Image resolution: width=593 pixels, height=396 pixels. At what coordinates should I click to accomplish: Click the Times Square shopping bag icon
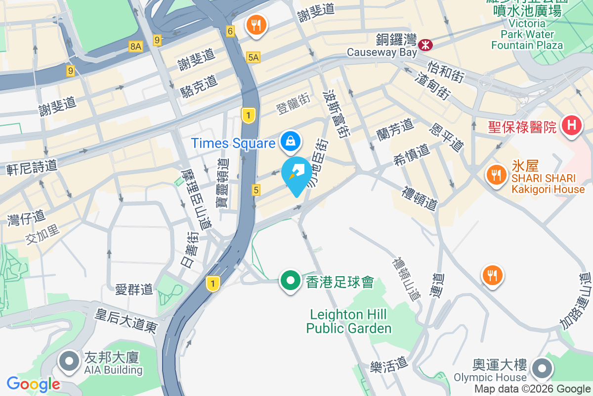coord(292,142)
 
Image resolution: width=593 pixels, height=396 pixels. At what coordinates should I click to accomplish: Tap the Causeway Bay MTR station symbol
coord(425,45)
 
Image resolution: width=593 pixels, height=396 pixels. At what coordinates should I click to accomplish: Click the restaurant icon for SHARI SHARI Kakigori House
coord(495,175)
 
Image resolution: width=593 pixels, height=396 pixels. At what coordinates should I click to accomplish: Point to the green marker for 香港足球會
coord(291,281)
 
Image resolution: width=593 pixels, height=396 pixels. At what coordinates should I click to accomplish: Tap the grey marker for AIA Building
coord(69,361)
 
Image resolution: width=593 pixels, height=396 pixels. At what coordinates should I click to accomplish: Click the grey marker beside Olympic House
coord(542,369)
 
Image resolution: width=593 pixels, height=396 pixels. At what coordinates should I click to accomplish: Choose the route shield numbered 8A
coord(135,47)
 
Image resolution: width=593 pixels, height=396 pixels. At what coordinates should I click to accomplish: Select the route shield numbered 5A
coord(254,57)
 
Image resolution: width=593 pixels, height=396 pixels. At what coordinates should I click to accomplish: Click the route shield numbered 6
coord(230,31)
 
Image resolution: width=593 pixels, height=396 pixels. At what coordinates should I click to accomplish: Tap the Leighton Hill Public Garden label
coord(349,321)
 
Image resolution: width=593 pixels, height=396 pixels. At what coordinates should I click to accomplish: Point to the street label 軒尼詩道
coord(32,166)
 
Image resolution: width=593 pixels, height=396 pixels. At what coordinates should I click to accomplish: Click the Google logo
coord(33,384)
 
